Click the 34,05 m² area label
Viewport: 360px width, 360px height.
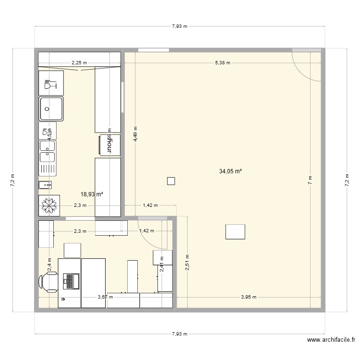coord(230,171)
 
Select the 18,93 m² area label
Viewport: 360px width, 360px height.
coord(92,194)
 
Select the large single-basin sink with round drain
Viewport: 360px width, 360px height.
coord(50,108)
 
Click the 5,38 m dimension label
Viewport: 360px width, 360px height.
coord(222,62)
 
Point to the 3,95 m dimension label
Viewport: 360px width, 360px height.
coord(248,297)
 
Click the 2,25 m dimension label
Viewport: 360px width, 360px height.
coord(80,62)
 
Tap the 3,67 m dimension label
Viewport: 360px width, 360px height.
coord(105,297)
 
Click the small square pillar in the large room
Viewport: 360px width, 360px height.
coord(170,181)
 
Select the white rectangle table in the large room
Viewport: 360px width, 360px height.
coord(235,231)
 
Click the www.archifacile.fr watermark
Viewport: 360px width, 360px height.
coord(331,340)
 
